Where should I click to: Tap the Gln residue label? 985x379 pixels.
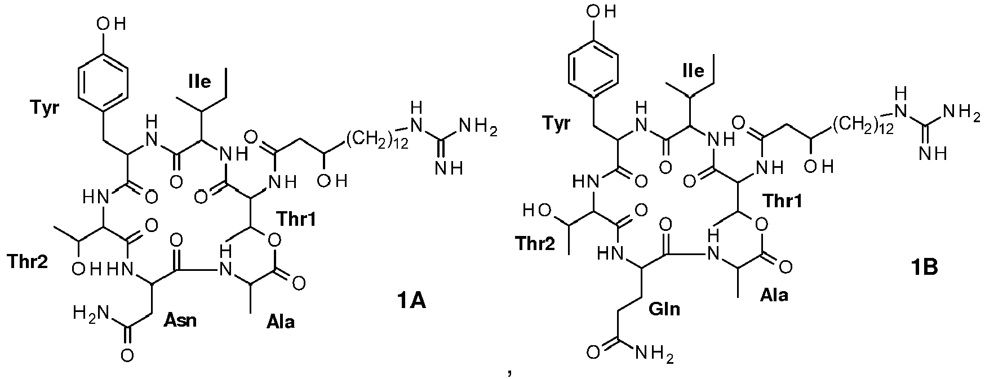click(663, 309)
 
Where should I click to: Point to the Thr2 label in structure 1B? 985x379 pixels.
click(535, 243)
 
